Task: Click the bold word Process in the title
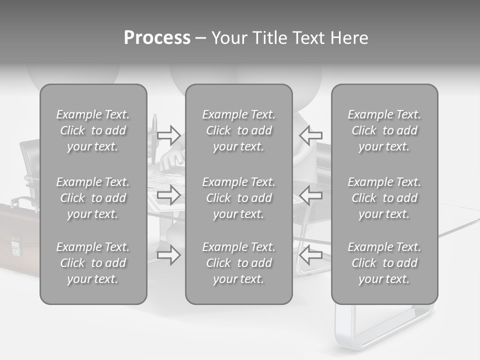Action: (157, 38)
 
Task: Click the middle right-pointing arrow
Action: (169, 195)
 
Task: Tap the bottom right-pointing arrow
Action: (169, 255)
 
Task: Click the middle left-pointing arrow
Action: (311, 195)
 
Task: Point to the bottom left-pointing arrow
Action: (311, 255)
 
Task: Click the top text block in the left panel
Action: (93, 130)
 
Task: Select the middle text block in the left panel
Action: (93, 198)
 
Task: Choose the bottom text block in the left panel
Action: (93, 263)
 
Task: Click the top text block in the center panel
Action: (238, 130)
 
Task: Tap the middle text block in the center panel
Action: (238, 198)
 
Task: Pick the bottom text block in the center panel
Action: (238, 263)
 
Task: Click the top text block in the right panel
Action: (384, 130)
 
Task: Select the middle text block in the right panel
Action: (384, 198)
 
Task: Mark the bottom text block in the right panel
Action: (384, 263)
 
